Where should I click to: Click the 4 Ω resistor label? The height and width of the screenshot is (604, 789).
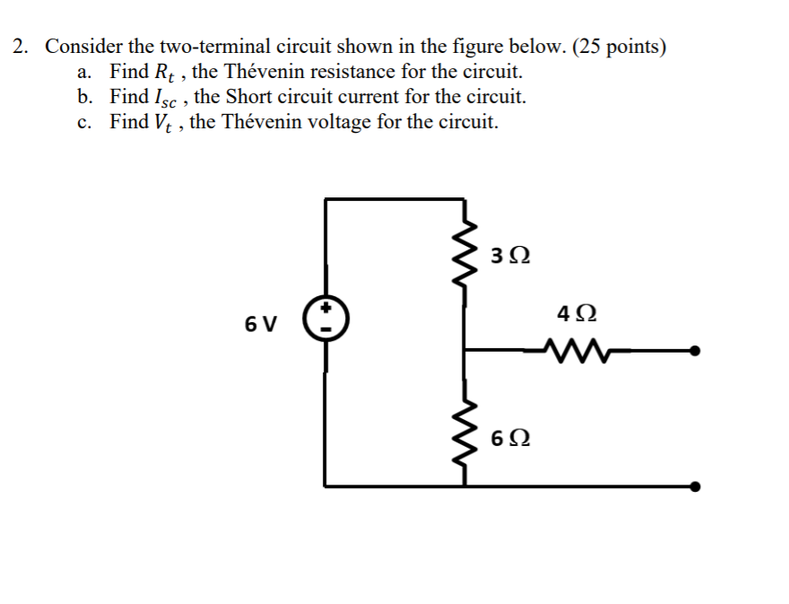tap(575, 315)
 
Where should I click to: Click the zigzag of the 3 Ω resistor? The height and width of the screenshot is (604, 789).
tap(464, 258)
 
